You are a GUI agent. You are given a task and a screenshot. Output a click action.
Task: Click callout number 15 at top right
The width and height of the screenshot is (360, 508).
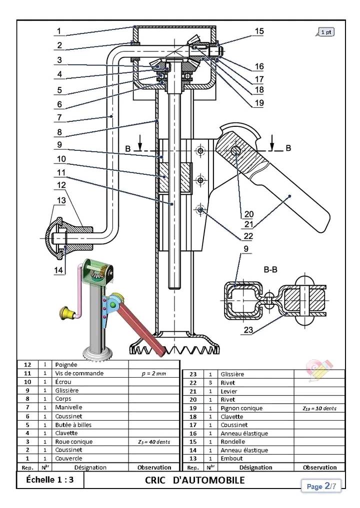click(x=259, y=31)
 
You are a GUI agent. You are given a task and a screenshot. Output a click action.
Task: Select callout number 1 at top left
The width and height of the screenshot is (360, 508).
click(x=59, y=31)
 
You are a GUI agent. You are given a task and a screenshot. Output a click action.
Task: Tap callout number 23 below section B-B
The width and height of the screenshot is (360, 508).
click(x=248, y=330)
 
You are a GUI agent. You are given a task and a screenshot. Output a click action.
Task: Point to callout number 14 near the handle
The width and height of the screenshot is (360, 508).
click(x=58, y=270)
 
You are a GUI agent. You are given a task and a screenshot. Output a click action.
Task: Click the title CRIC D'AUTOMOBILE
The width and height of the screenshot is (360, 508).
click(x=195, y=480)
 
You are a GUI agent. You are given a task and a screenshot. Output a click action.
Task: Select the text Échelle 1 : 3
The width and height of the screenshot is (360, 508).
click(x=50, y=480)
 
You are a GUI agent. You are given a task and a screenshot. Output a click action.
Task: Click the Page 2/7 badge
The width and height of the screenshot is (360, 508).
click(x=321, y=486)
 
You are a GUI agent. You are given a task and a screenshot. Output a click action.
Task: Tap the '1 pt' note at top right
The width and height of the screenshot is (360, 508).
click(x=325, y=32)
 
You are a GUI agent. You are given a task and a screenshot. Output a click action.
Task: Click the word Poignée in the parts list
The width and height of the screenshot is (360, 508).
click(x=66, y=365)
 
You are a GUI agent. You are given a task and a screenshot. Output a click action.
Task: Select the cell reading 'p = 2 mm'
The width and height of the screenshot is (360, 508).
click(x=154, y=373)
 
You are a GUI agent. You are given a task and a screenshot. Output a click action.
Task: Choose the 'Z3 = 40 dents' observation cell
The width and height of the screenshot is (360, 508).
click(x=154, y=442)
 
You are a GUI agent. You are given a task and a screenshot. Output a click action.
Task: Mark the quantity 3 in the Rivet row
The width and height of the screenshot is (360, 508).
click(x=210, y=383)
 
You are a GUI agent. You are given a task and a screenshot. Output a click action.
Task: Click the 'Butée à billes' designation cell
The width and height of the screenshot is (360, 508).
click(x=73, y=425)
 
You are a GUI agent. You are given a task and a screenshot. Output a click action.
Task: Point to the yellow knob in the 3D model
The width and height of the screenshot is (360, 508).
click(x=67, y=313)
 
